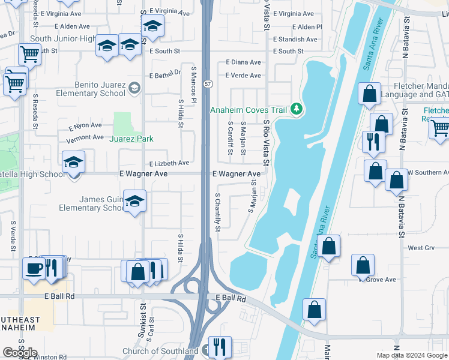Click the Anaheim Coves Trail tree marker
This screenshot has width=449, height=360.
pyautogui.click(x=295, y=109)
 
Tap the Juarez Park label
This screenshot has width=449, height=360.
pyautogui.click(x=131, y=139)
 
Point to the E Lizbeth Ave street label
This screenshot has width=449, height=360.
pyautogui.click(x=170, y=163)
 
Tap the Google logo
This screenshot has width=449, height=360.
pyautogui.click(x=19, y=353)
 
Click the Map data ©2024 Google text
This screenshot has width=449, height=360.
pyautogui.click(x=412, y=355)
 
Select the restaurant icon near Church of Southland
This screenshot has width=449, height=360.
pyautogui.click(x=220, y=346)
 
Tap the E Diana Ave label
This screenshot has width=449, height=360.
pyautogui.click(x=243, y=62)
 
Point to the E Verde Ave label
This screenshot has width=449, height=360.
pyautogui.click(x=243, y=76)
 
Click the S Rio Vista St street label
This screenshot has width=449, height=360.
pyautogui.click(x=266, y=143)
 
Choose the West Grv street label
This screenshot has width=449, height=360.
pyautogui.click(x=421, y=248)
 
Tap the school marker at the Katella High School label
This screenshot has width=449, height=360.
pyautogui.click(x=74, y=162)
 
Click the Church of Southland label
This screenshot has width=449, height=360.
pyautogui.click(x=160, y=351)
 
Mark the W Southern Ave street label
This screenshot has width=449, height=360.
pyautogui.click(x=427, y=173)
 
